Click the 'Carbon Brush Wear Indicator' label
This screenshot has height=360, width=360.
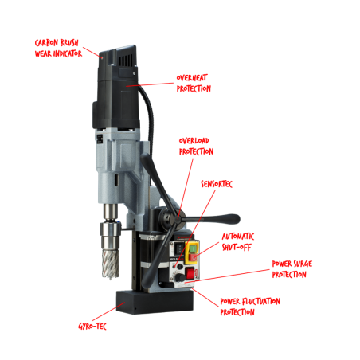point(58,49)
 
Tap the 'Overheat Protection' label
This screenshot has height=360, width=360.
point(194,83)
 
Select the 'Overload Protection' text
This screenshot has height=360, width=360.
point(196,146)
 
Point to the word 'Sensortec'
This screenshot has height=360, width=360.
point(217,184)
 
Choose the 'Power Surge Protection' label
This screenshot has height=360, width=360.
point(292,269)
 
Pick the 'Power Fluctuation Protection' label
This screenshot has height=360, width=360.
point(250,307)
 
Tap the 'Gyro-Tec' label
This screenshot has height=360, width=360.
point(92,326)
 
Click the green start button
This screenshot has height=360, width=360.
point(194,248)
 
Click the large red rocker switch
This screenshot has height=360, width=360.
point(190,273)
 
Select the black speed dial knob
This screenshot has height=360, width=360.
point(181,278)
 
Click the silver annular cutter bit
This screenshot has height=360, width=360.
point(111,264)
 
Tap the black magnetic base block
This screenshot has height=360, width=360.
point(155,302)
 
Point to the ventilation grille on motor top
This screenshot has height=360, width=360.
point(126,61)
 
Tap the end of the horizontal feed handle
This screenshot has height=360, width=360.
point(236,219)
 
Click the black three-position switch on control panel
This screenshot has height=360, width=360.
point(178,248)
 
